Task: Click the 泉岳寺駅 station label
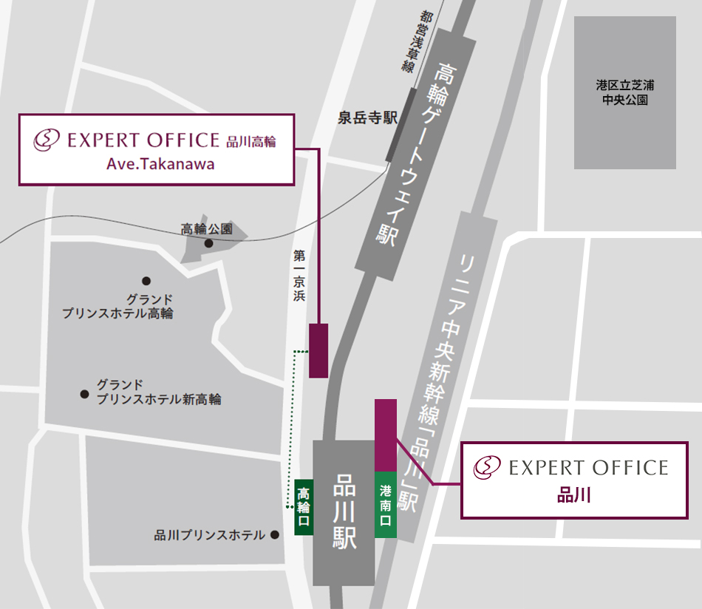[x=368, y=118]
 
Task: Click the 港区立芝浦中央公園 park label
[x=625, y=92]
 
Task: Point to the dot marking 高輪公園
[x=209, y=243]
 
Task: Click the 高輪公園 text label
[x=207, y=229]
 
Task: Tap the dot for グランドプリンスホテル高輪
[x=146, y=281]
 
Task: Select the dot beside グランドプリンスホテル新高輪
[x=85, y=394]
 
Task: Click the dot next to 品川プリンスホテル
[x=274, y=534]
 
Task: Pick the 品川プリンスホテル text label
[x=210, y=535]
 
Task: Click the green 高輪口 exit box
[x=303, y=505]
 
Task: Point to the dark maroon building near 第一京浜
[x=318, y=350]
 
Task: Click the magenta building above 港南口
[x=386, y=435]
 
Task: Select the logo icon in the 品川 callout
[x=487, y=467]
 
